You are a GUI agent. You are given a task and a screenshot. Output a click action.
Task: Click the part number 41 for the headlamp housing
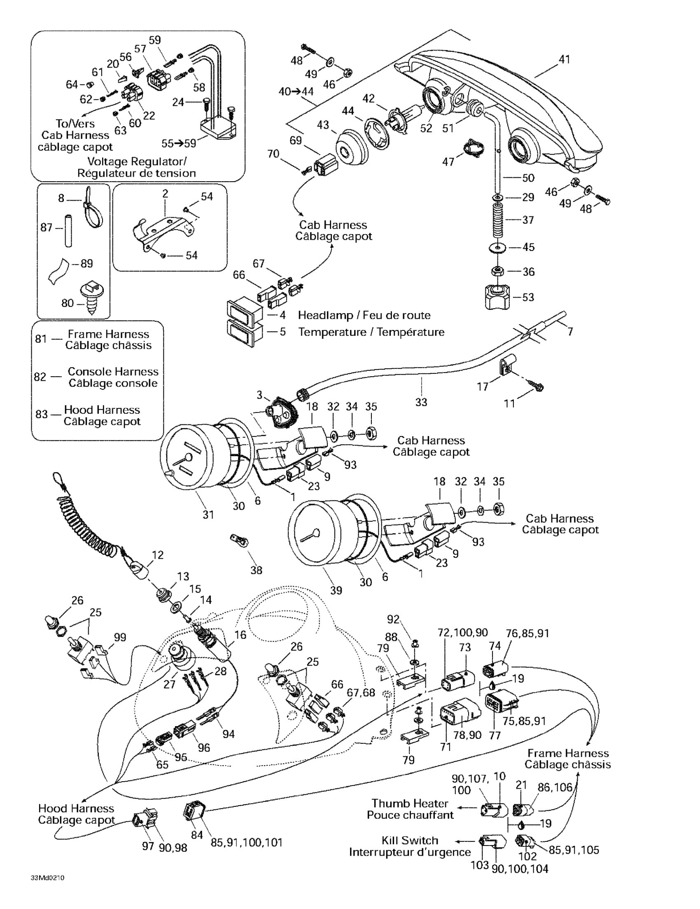(x=564, y=59)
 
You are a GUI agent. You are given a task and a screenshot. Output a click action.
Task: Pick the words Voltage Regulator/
(x=137, y=161)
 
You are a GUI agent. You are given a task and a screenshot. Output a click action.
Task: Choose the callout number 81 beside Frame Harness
(x=41, y=339)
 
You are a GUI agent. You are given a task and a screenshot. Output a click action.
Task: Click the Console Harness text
(x=113, y=371)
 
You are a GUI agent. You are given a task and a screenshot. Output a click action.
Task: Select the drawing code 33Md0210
(x=47, y=878)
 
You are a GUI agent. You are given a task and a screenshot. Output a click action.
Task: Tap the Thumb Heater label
(x=410, y=803)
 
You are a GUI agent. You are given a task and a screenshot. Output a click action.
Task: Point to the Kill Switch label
(x=410, y=840)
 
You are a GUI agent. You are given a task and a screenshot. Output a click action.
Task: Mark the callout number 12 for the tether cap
(x=158, y=555)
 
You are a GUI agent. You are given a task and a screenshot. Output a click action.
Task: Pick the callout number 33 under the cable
(x=421, y=402)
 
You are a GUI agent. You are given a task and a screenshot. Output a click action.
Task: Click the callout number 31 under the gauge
(x=208, y=514)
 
